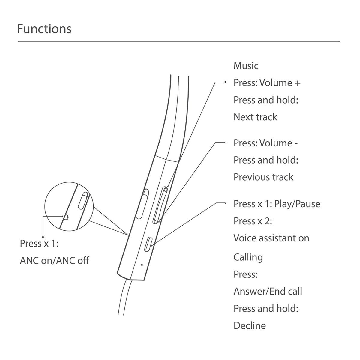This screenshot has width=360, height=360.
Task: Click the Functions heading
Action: click(x=44, y=29)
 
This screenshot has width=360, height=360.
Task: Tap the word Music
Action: click(x=246, y=66)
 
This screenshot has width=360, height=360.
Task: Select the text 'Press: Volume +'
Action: click(x=267, y=83)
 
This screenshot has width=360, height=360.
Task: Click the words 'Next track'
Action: click(x=255, y=117)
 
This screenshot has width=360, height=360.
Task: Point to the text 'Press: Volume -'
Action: click(x=265, y=143)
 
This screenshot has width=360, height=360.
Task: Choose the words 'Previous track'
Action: click(x=263, y=177)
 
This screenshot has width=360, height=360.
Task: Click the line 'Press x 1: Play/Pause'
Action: click(x=277, y=204)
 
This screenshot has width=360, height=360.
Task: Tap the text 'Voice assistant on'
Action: click(x=271, y=238)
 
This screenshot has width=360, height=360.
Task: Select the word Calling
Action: click(x=248, y=257)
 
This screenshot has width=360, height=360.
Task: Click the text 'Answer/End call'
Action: click(x=268, y=291)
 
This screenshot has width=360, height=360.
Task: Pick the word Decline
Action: click(x=250, y=325)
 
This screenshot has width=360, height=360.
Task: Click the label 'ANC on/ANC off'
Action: click(x=54, y=260)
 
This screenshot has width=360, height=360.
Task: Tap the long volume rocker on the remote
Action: click(x=160, y=205)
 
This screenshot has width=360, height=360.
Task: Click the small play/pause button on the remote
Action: click(x=149, y=245)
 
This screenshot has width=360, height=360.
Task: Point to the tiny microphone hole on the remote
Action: click(x=142, y=265)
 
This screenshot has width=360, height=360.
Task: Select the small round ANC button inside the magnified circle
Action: click(x=66, y=217)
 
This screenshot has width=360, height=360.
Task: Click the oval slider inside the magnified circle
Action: click(x=82, y=200)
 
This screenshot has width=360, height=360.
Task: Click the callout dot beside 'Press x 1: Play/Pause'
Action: click(x=226, y=203)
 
